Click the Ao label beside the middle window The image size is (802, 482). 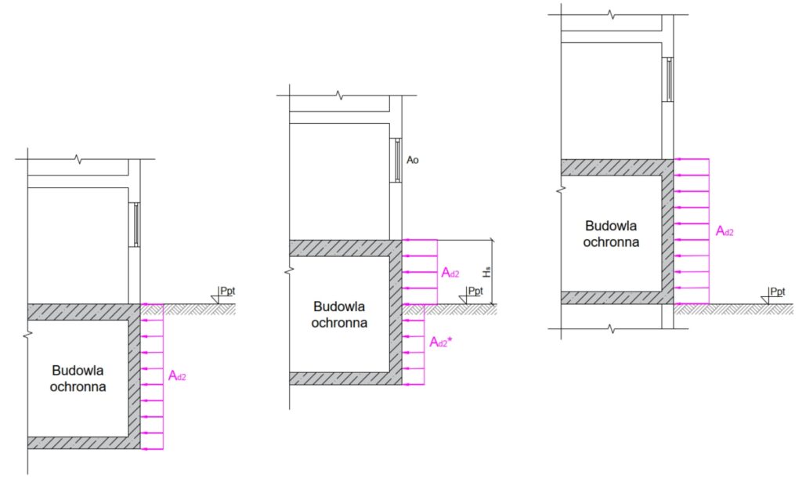(412, 160)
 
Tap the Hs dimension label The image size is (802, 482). (487, 271)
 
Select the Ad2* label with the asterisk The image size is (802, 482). (441, 342)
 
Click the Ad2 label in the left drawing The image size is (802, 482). (177, 376)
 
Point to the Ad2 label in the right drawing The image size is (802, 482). (724, 231)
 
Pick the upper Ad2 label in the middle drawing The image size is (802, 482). (450, 273)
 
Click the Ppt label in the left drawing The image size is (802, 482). (228, 291)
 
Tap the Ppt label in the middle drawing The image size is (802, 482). (475, 291)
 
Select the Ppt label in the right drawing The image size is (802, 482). (778, 291)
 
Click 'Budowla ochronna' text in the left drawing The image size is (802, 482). (78, 378)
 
